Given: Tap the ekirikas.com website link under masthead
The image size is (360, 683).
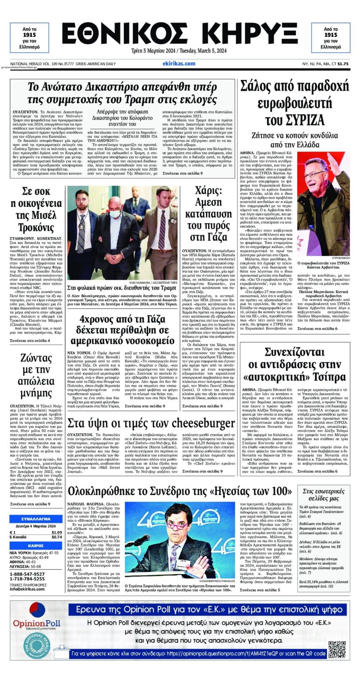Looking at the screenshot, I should point(180,64).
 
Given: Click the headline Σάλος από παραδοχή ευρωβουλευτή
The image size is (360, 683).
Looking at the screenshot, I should point(295,102).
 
